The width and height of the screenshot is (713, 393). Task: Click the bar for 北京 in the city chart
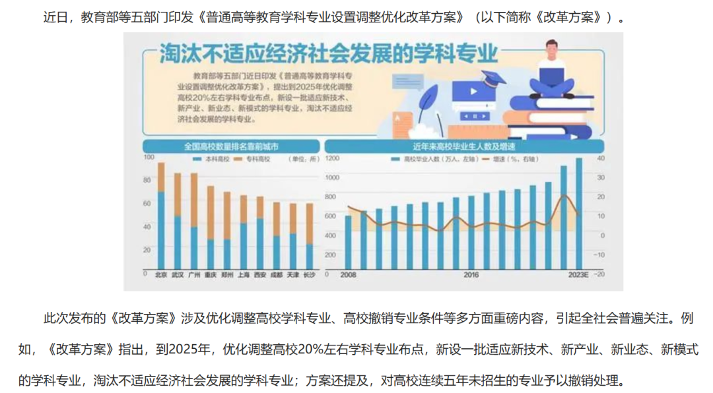(x=160, y=218)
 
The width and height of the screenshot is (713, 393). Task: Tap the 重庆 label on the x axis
(x=211, y=274)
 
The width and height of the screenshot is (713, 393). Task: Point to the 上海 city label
(x=244, y=274)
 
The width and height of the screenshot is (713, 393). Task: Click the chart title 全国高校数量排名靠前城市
(x=231, y=146)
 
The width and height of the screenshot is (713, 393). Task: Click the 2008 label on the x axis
(x=348, y=274)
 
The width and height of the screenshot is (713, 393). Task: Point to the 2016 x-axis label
(x=471, y=274)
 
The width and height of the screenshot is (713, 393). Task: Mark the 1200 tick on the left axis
(x=331, y=159)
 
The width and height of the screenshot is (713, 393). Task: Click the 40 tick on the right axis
(x=599, y=159)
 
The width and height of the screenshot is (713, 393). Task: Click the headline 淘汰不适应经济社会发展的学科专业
(x=328, y=55)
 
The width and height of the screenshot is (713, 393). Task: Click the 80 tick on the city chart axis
(x=148, y=180)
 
